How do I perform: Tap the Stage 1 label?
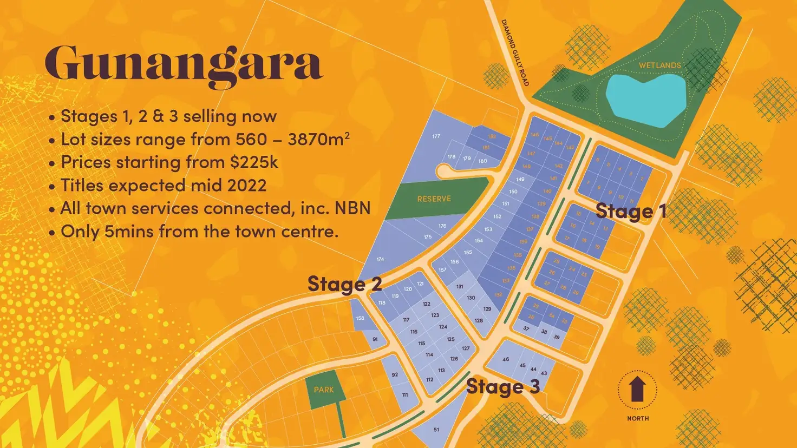point(631,211)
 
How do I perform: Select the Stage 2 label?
point(344,284)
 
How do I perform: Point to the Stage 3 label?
point(502,386)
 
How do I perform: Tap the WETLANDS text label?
point(659,65)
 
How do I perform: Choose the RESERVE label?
point(434,199)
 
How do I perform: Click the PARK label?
point(324,390)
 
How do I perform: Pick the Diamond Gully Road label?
point(514,52)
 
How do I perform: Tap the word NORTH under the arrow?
point(638,418)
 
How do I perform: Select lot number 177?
point(436,136)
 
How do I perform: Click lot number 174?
point(380,260)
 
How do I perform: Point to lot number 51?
point(436,430)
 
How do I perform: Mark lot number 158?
point(360,318)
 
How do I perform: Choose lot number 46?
point(506,359)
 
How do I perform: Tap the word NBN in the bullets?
point(352,208)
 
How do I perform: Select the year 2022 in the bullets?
point(246,185)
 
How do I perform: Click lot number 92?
point(395,374)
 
